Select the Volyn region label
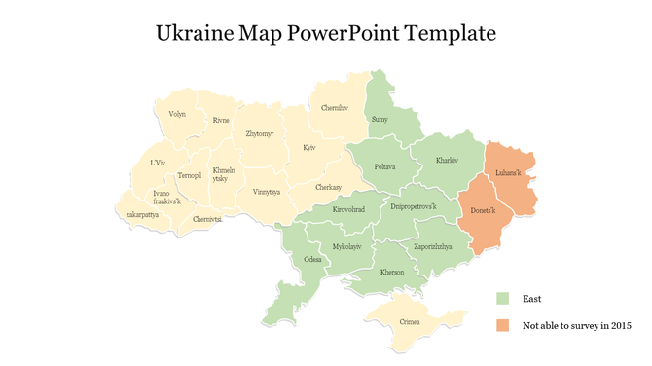pos(177,114)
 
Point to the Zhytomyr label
pos(260,133)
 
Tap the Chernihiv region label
pos(336,107)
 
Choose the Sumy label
pos(380,119)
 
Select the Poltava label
pos(384,166)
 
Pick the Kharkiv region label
pos(447,160)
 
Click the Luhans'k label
pos(508,173)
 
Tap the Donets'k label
pos(484,211)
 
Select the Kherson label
pos(392,272)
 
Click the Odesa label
pos(312,260)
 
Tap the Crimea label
pos(411,321)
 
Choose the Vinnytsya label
pos(266,192)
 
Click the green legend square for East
pos(502,299)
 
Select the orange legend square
pos(502,325)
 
